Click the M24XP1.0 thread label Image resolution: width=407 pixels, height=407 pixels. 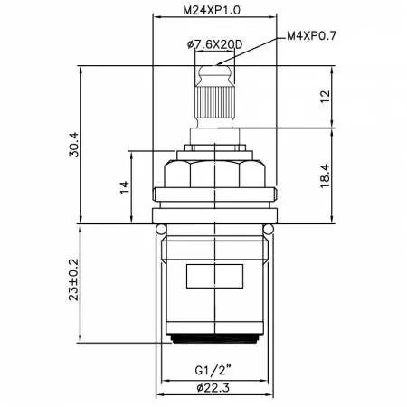point(212,11)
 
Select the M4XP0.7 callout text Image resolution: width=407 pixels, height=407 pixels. point(311,36)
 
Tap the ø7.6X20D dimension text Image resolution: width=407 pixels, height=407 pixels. point(214,44)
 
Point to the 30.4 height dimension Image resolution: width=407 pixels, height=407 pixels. point(74,145)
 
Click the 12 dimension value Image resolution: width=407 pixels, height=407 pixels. point(326,97)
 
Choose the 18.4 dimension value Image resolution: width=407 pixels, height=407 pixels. point(326,176)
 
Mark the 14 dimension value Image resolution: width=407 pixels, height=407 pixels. point(125,187)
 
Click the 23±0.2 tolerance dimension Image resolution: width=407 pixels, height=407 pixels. point(74,279)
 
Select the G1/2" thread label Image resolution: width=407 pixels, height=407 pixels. point(213,370)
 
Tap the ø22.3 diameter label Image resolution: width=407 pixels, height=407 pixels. point(213,388)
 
